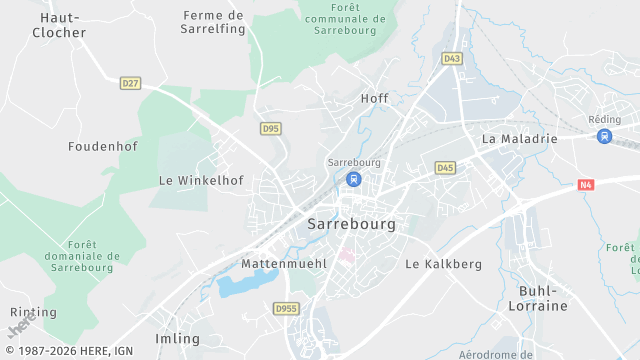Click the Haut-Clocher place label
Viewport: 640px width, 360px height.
click(59, 25)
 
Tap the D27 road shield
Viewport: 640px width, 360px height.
click(130, 83)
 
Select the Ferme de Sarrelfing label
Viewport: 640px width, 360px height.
click(214, 22)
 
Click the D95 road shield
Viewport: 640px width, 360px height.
click(270, 128)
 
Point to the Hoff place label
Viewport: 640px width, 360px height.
click(374, 98)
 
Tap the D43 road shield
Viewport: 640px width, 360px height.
click(452, 58)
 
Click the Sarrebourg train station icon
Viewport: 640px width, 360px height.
click(353, 178)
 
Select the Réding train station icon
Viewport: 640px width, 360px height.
click(604, 135)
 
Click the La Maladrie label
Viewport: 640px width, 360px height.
click(519, 139)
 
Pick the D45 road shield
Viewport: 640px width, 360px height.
click(445, 167)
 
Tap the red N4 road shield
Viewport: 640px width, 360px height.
click(586, 184)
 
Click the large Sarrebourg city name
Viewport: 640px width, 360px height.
click(352, 224)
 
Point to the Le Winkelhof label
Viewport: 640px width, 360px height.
click(201, 180)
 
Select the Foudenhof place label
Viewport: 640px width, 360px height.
click(101, 146)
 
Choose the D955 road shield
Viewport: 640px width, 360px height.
click(286, 309)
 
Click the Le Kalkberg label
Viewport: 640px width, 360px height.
click(443, 264)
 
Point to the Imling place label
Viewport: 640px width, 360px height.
click(178, 339)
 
